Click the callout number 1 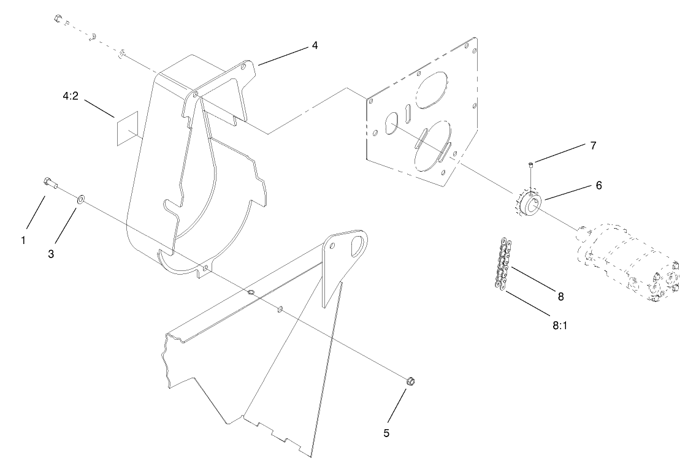tap(23, 241)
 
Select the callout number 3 tap(51, 253)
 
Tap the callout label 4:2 tap(71, 96)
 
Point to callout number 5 tap(386, 433)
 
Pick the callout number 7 tap(593, 146)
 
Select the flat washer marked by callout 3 tap(80, 199)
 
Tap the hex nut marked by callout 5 tap(411, 382)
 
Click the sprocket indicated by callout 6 tap(527, 203)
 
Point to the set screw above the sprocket tap(532, 163)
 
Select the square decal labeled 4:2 tap(128, 129)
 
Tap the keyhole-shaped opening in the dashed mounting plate tap(389, 125)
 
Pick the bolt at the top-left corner tap(58, 18)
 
